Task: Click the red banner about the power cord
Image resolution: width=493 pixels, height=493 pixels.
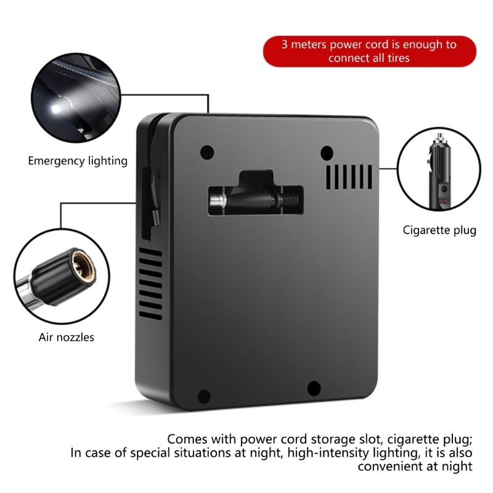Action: click(369, 51)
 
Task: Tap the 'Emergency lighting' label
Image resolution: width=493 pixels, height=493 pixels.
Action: click(78, 161)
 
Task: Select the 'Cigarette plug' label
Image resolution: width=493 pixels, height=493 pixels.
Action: click(439, 230)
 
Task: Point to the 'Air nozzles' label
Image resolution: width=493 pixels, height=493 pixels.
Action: click(67, 337)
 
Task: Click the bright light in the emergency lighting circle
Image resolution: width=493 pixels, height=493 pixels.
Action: click(57, 109)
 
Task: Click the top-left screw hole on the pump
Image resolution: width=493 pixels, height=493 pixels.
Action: click(207, 151)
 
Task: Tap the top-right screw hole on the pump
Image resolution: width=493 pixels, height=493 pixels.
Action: click(327, 151)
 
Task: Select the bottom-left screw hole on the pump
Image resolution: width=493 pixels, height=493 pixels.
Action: click(204, 396)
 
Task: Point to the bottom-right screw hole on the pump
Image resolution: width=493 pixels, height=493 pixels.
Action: click(314, 388)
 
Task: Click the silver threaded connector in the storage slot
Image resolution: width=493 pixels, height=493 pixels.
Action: click(218, 201)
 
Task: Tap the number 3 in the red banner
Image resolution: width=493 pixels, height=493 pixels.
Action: click(285, 44)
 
